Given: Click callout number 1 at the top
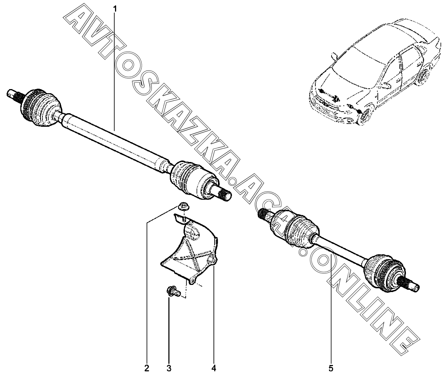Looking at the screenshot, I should tap(115, 7).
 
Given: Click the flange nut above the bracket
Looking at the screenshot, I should tap(184, 206).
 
